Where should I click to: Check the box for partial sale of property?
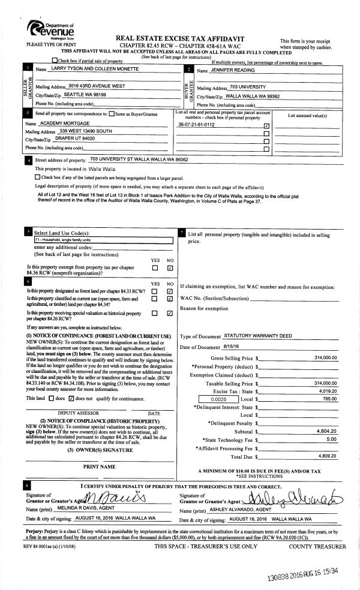tap(55, 61)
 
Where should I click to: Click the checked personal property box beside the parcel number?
tap(266, 125)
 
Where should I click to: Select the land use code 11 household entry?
tap(64, 240)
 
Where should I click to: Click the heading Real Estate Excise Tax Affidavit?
tap(177, 37)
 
